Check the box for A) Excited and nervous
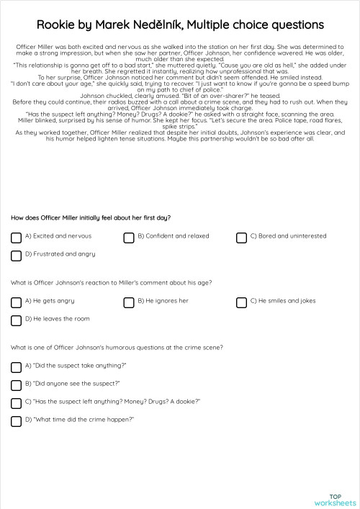pyautogui.click(x=16, y=238)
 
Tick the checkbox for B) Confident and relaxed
pyautogui.click(x=128, y=238)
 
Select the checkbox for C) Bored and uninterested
pyautogui.click(x=241, y=238)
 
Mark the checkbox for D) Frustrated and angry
pyautogui.click(x=16, y=256)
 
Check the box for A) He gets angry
pyautogui.click(x=16, y=302)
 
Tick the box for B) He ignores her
pyautogui.click(x=128, y=302)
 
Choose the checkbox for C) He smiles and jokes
pyautogui.click(x=241, y=302)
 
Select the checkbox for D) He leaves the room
pyautogui.click(x=16, y=320)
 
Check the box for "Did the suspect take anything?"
pyautogui.click(x=16, y=367)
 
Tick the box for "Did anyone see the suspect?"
pyautogui.click(x=16, y=385)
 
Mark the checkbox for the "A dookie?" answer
pyautogui.click(x=16, y=403)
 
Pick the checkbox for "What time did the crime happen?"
pyautogui.click(x=16, y=421)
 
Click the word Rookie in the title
pyautogui.click(x=58, y=25)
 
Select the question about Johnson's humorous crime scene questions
pyautogui.click(x=116, y=347)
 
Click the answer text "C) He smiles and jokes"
pyautogui.click(x=282, y=301)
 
